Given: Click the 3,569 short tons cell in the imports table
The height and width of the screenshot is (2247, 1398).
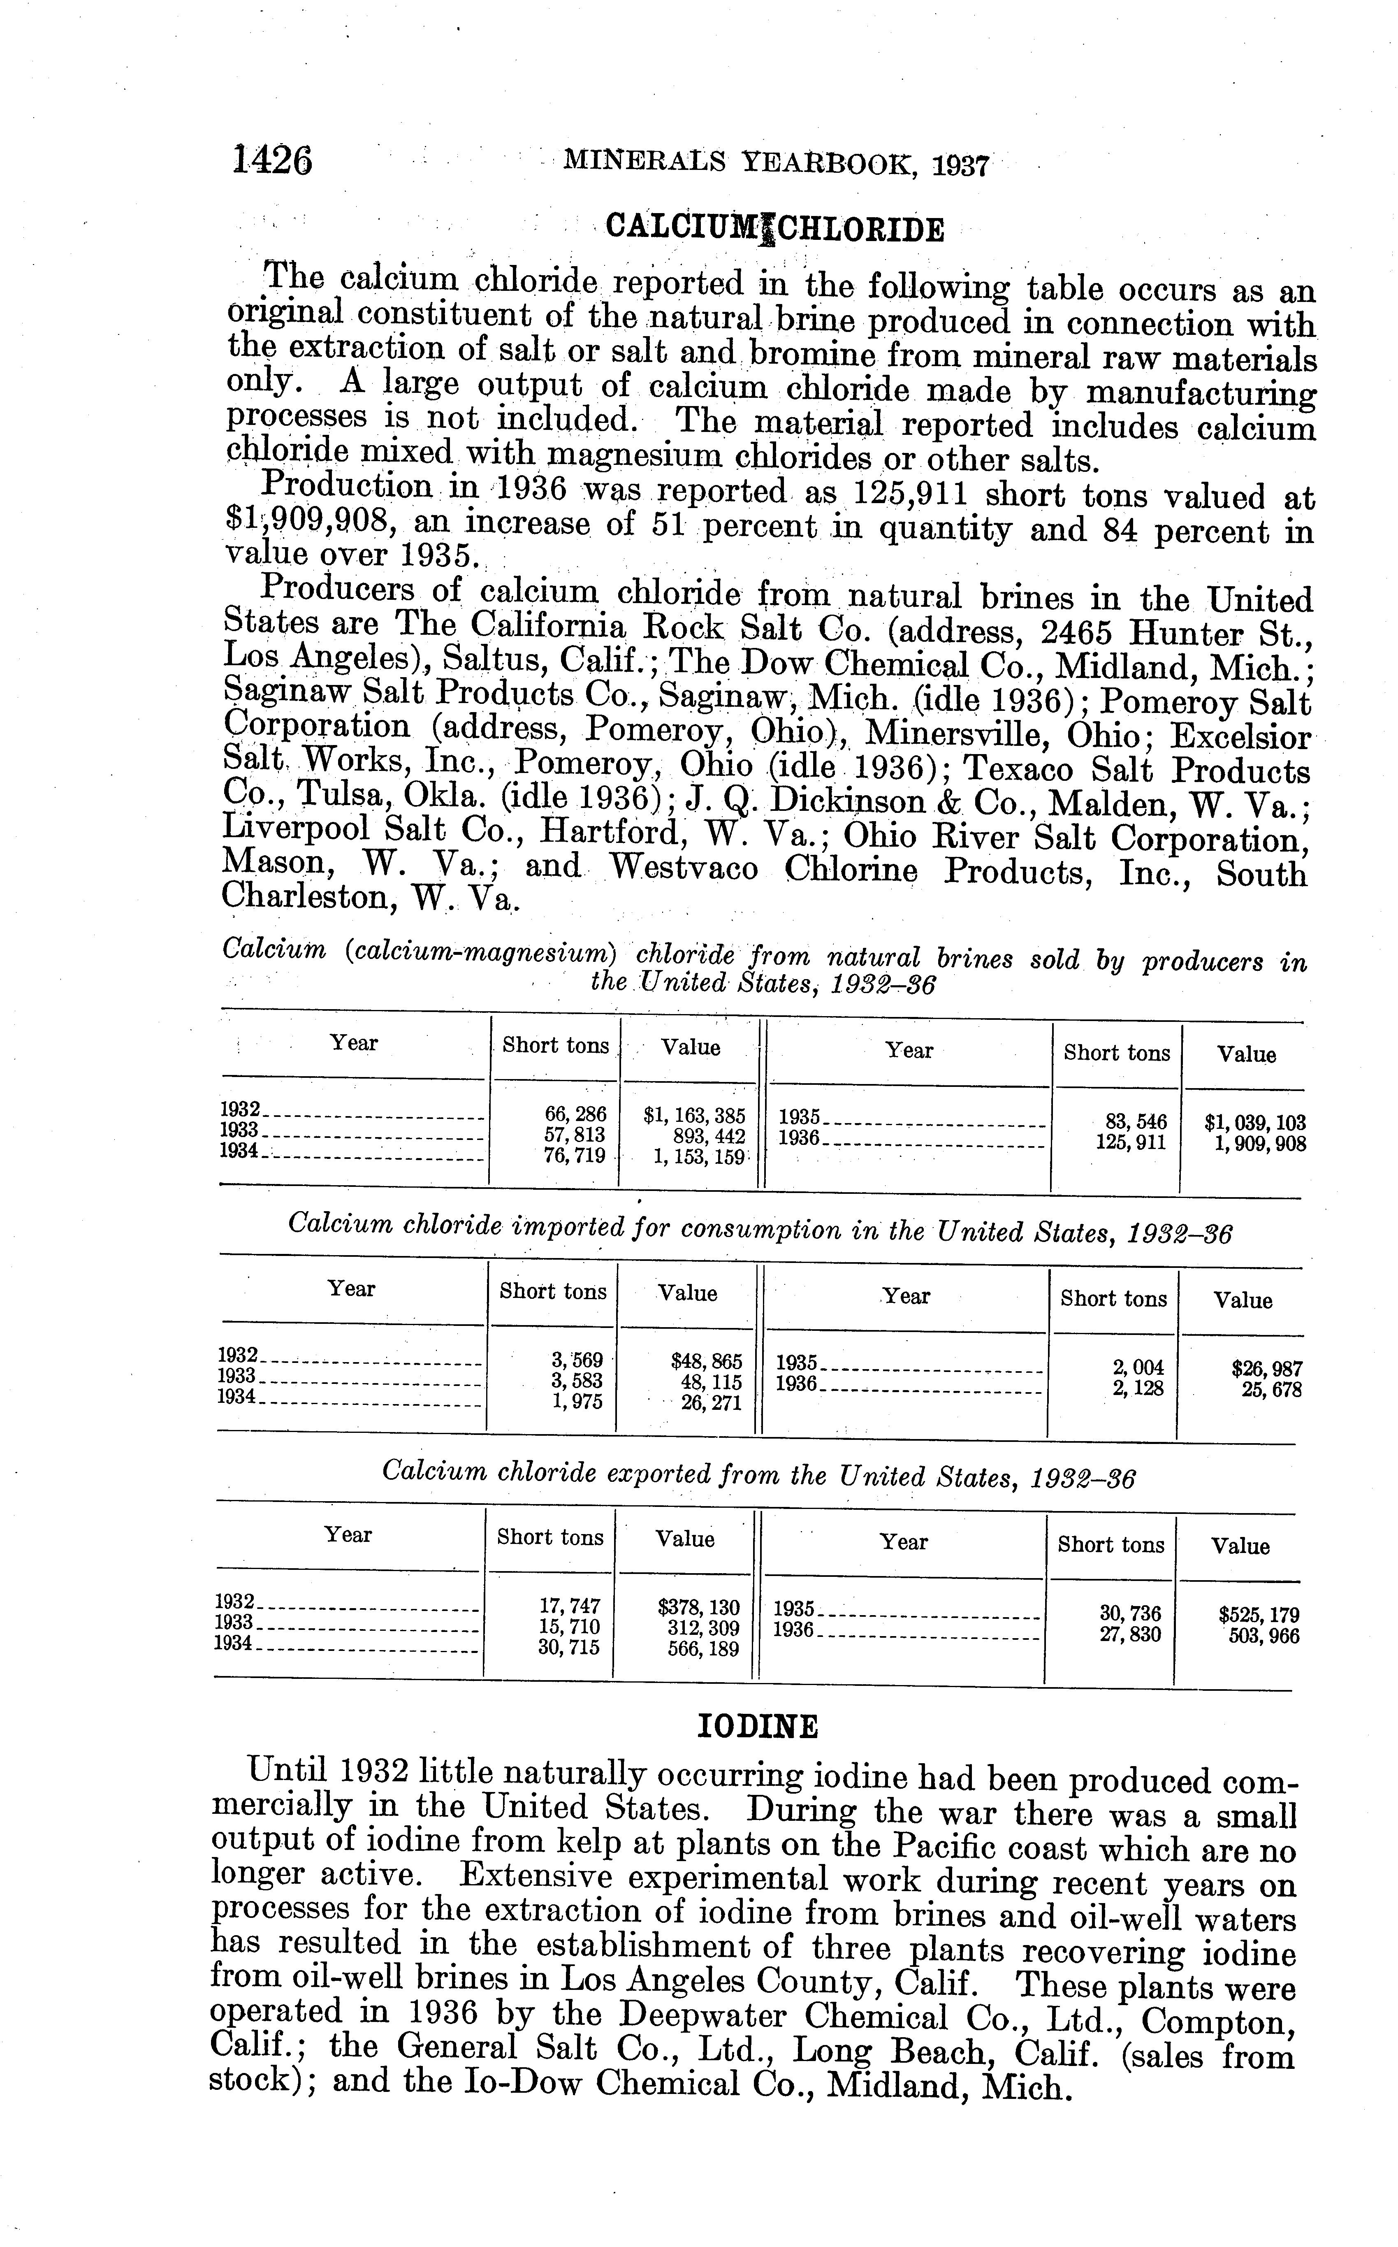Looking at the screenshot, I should click(577, 1360).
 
